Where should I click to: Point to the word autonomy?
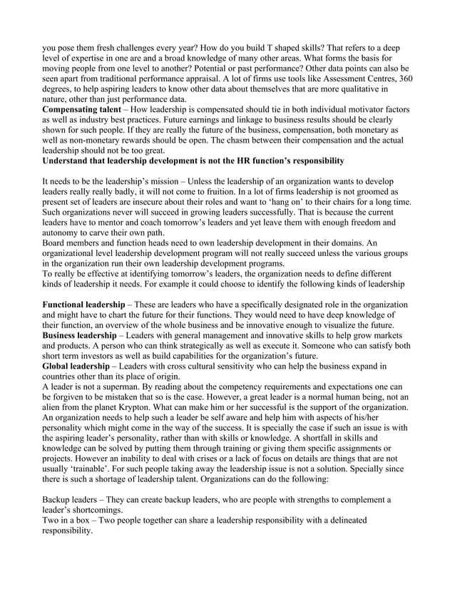pos(63,234)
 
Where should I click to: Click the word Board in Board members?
pos(56,244)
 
